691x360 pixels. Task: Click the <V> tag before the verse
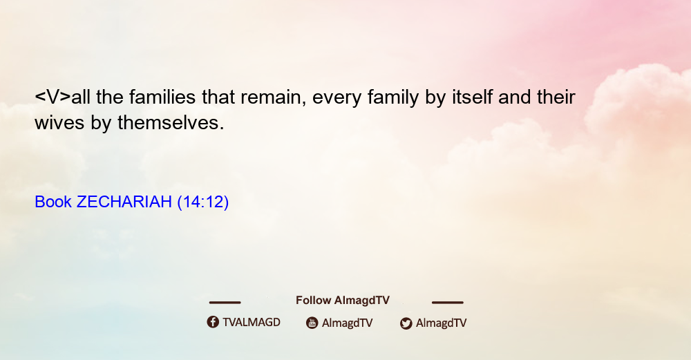click(53, 97)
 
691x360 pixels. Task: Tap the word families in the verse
click(162, 97)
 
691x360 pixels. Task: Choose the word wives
click(59, 122)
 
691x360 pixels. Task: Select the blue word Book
click(53, 202)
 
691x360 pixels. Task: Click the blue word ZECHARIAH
click(124, 202)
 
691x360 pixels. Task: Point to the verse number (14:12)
click(202, 202)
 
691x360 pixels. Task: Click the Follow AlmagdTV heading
click(343, 300)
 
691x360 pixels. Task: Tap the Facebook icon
click(213, 322)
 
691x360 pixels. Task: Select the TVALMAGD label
click(252, 322)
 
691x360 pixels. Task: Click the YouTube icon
click(312, 323)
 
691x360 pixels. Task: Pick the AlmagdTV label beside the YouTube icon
click(348, 323)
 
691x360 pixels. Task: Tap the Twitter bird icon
click(406, 323)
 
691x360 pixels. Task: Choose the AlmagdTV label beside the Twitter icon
click(441, 323)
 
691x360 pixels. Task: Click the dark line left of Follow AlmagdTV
click(225, 302)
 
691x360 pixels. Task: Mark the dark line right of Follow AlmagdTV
click(448, 302)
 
